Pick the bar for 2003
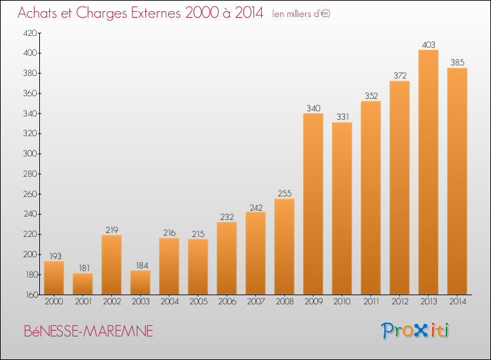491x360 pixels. click(140, 283)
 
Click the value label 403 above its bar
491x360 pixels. click(428, 45)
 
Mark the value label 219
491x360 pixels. click(111, 230)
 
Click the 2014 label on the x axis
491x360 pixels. click(457, 302)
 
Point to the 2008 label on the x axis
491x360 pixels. click(284, 302)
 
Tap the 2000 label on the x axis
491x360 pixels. click(54, 302)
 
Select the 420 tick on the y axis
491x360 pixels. click(31, 33)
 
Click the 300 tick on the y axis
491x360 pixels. click(31, 154)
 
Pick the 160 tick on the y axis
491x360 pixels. click(31, 295)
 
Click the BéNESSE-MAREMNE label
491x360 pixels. click(88, 332)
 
